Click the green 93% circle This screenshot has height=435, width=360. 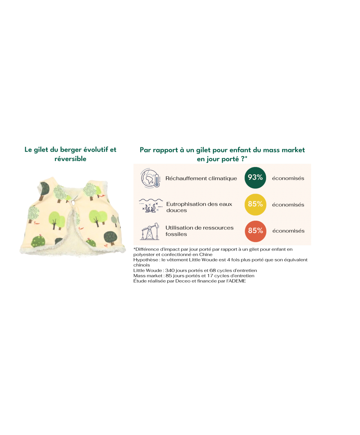[x=255, y=178]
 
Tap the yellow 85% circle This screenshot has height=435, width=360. [x=255, y=205]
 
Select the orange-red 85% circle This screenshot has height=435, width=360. [x=255, y=231]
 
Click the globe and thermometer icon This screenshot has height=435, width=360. [x=150, y=178]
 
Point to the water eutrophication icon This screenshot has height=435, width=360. [x=150, y=205]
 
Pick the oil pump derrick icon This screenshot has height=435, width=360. [x=150, y=232]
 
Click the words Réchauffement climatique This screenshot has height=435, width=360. [x=201, y=178]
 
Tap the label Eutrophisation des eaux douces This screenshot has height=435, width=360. [x=199, y=207]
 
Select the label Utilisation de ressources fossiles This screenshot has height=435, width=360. [x=199, y=231]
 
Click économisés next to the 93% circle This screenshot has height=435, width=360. [x=288, y=178]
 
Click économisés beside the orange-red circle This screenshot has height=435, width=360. [x=288, y=231]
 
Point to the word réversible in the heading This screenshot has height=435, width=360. [x=71, y=159]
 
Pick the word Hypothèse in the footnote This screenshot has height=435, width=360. [x=146, y=260]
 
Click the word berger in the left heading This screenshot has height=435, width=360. [x=71, y=150]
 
